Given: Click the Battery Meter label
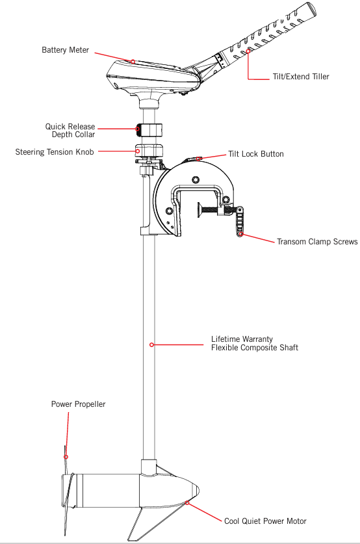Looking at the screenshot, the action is (65, 50).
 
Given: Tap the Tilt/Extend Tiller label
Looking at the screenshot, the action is (301, 77).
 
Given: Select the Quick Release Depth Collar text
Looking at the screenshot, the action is (70, 131).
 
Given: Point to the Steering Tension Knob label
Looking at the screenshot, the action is (55, 152).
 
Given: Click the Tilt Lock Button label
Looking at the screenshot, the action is (256, 154).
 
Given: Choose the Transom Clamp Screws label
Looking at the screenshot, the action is (317, 242).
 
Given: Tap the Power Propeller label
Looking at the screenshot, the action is (78, 404).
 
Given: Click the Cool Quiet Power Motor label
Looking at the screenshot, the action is (265, 521).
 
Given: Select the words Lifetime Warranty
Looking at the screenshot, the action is (242, 339).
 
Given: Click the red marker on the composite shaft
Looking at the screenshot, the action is (151, 344).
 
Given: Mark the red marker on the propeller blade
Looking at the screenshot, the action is (66, 457).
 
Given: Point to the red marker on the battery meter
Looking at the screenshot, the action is (133, 61).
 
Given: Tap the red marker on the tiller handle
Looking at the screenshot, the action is (248, 51).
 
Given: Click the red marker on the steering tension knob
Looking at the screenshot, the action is (138, 151).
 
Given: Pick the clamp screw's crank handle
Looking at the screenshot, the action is (240, 222).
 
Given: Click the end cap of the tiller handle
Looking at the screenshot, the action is (311, 9).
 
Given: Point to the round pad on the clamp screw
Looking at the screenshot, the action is (199, 210).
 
